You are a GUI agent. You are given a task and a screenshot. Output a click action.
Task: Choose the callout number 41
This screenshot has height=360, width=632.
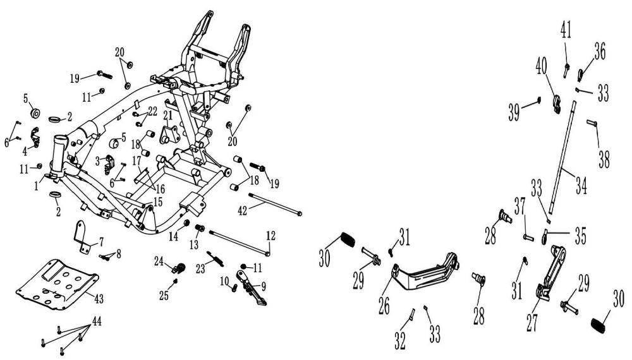pos(566,29)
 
